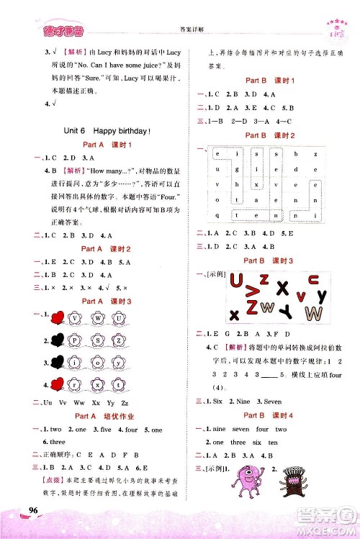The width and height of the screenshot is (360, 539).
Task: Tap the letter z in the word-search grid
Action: [x=315, y=153]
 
